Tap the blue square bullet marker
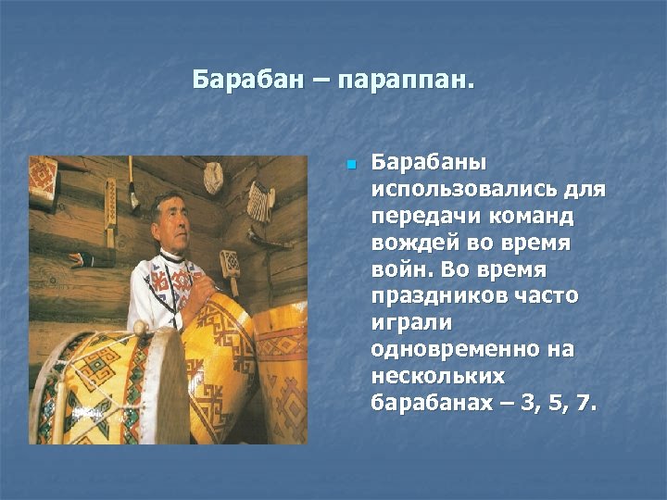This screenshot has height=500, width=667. pos(350,166)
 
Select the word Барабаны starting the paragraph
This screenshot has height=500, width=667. pos(428,163)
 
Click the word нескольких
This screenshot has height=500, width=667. pos(437,377)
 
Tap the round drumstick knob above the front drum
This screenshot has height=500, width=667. pos(140,328)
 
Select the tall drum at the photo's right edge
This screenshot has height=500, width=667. pos(282,370)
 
